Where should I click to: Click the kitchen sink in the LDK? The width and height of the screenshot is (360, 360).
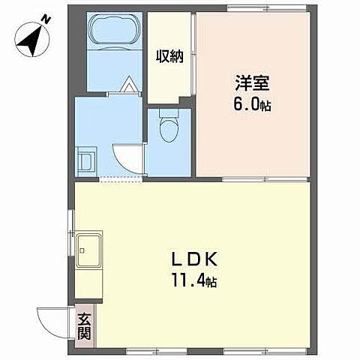[x=89, y=247]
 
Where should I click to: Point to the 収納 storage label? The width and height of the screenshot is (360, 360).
[x=169, y=57]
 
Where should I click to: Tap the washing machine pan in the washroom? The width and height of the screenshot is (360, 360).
[x=86, y=161]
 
